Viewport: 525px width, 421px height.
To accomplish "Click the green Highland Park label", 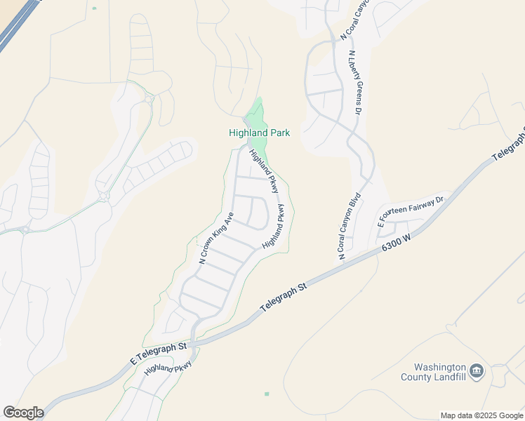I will point(259,133).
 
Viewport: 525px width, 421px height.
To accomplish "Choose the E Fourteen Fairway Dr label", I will point(411,211).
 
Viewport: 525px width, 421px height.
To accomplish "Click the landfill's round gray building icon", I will point(477,371).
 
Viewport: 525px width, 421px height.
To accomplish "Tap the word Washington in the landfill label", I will point(440,367).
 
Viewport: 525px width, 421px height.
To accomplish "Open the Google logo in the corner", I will point(23,413).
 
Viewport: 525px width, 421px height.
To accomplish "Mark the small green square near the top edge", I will point(94,8).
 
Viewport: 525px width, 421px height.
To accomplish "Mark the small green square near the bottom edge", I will point(267,394).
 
